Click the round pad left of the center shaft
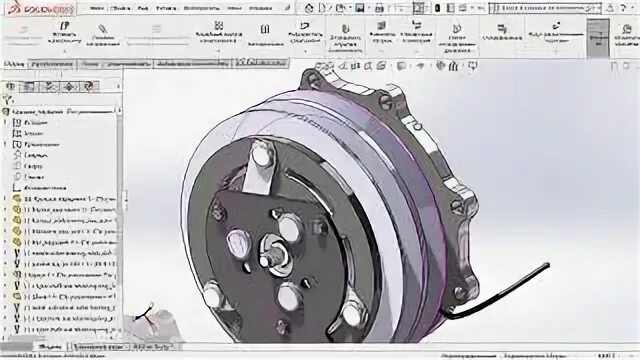pos(238,242)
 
